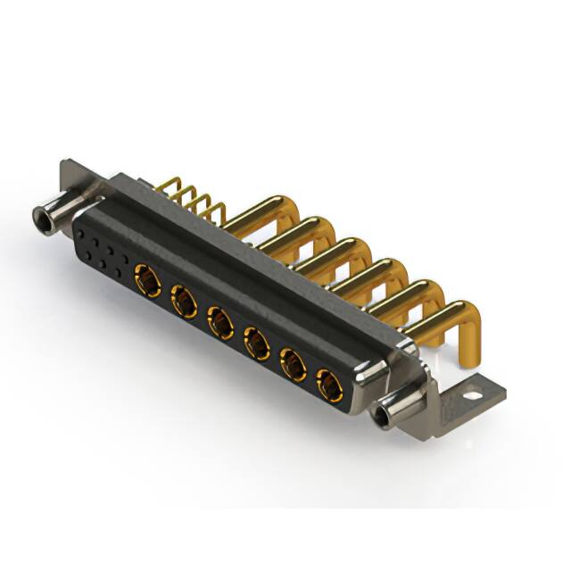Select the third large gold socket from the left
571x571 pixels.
coord(221,321)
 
